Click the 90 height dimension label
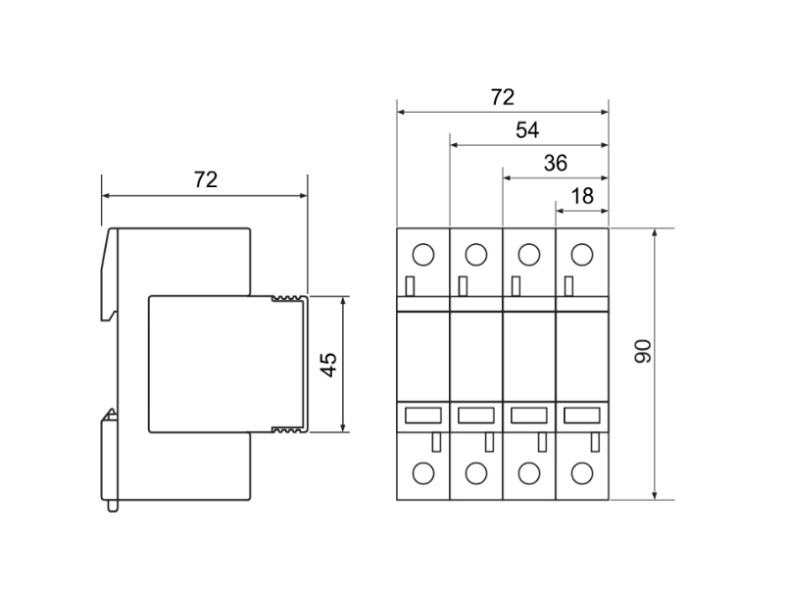click(643, 351)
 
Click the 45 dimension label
click(329, 365)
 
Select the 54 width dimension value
click(527, 130)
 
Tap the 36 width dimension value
click(556, 163)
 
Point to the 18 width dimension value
click(582, 196)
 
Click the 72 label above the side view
click(206, 179)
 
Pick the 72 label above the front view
click(503, 97)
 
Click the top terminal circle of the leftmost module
click(423, 255)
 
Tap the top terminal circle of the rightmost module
click(582, 255)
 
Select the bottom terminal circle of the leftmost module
click(423, 473)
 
